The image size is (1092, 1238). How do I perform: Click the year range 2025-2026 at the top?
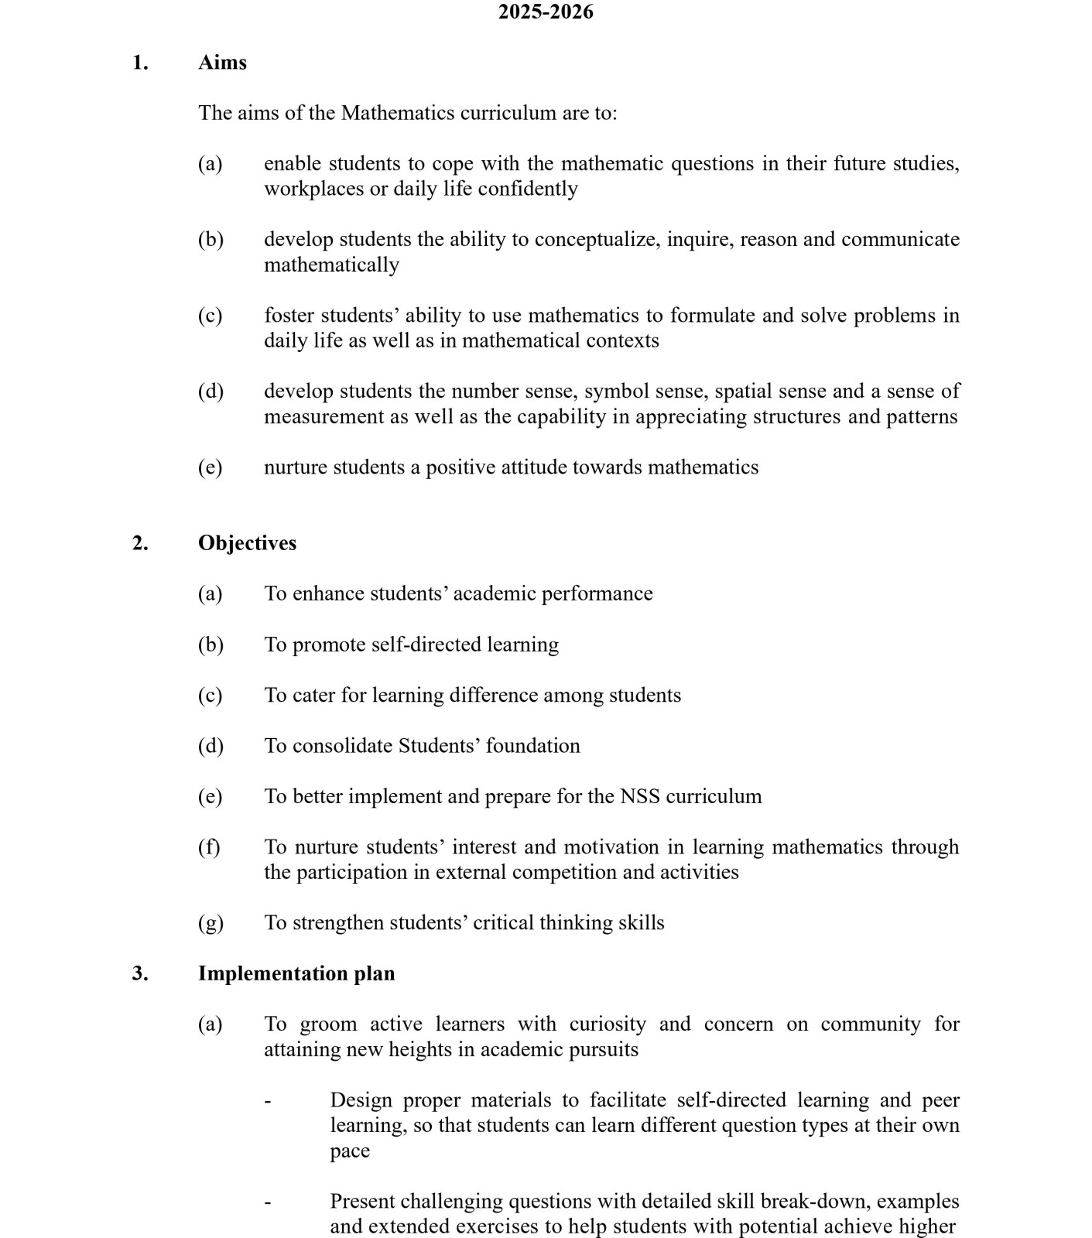pyautogui.click(x=546, y=12)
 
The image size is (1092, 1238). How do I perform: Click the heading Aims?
pyautogui.click(x=222, y=63)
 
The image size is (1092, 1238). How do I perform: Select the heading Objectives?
pyautogui.click(x=247, y=543)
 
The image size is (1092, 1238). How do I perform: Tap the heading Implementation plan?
pyautogui.click(x=296, y=973)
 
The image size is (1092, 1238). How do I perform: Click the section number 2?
pyautogui.click(x=139, y=543)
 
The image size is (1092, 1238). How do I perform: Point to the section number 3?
pyautogui.click(x=139, y=973)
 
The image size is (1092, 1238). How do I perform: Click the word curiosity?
pyautogui.click(x=608, y=1024)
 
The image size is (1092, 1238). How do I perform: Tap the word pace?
pyautogui.click(x=350, y=1151)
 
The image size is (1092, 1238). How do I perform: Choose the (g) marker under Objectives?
pyautogui.click(x=211, y=922)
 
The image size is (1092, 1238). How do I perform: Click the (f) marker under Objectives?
pyautogui.click(x=209, y=846)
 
